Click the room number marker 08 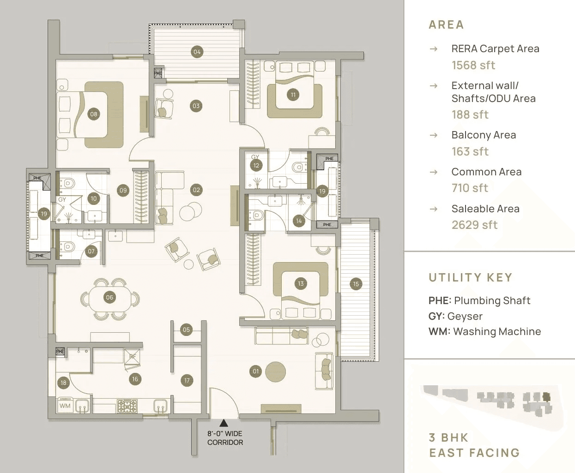[94, 114]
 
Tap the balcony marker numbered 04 [197, 52]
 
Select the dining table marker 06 [109, 297]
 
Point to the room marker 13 [301, 283]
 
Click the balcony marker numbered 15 [356, 284]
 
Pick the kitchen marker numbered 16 [135, 379]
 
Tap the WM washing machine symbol [65, 406]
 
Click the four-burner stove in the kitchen [127, 406]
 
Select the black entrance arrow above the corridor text [224, 422]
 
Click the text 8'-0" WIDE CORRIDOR [225, 438]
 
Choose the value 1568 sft [473, 65]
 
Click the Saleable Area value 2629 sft [474, 225]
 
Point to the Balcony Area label [484, 135]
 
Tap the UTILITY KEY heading [470, 277]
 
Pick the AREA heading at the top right [446, 24]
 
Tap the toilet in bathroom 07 [67, 247]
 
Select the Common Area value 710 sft [470, 188]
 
